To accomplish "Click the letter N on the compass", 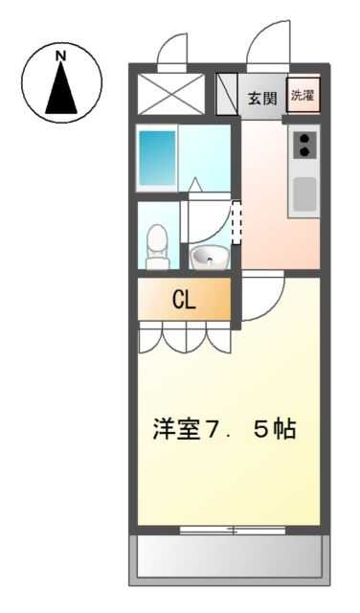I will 61,57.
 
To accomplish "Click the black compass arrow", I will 61,91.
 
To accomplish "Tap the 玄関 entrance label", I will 261,97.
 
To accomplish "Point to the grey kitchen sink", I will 304,193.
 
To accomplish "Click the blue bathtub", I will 155,158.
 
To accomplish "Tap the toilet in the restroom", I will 157,248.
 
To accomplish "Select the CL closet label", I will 184,300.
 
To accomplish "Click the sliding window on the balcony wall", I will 233,530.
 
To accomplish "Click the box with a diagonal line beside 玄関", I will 227,96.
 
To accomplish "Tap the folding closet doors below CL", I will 184,335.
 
